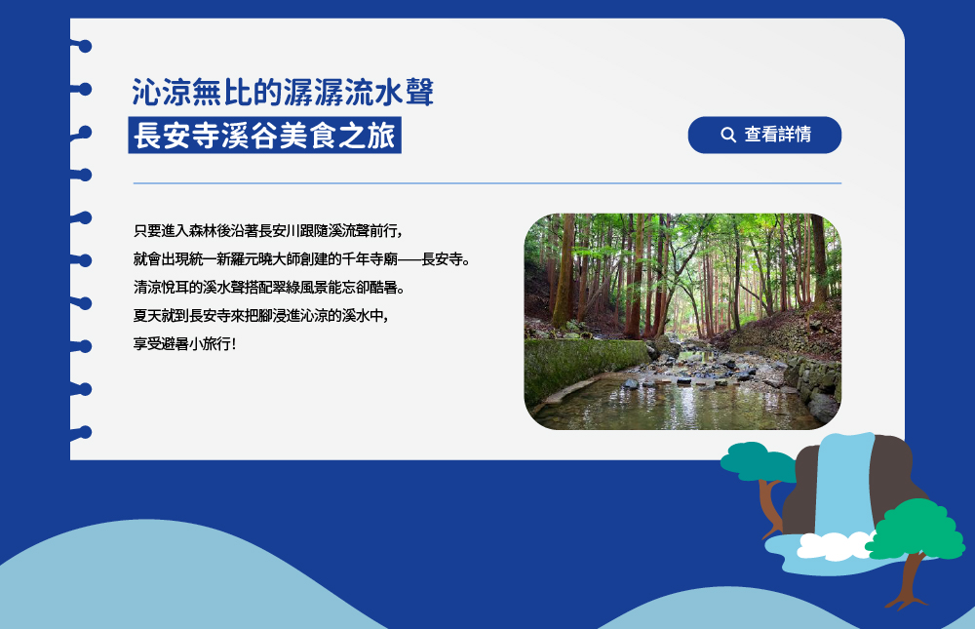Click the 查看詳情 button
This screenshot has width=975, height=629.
click(x=764, y=135)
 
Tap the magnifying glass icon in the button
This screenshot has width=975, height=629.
click(x=728, y=135)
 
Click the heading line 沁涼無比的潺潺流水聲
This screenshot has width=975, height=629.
click(x=283, y=92)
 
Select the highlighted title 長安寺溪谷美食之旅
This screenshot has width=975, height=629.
click(x=264, y=135)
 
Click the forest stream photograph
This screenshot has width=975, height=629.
click(x=682, y=321)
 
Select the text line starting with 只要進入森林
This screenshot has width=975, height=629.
click(x=268, y=231)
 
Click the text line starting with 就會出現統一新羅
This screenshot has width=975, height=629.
click(x=301, y=259)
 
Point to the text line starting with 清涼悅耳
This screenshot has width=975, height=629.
click(x=269, y=288)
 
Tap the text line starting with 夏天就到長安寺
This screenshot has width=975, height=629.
click(x=261, y=315)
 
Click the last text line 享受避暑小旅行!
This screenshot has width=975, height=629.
click(x=184, y=343)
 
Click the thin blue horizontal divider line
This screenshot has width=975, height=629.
click(x=487, y=183)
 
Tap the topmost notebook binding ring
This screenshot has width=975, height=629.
click(x=82, y=46)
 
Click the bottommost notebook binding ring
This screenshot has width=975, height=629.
click(x=81, y=432)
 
